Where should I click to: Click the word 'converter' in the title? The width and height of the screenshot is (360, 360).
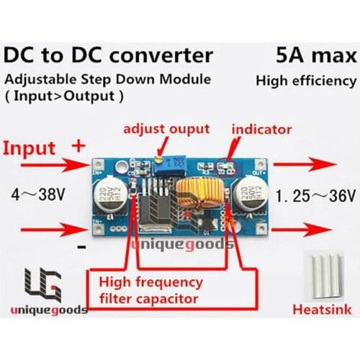[163, 55]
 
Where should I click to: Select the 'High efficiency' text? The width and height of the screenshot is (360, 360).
[305, 81]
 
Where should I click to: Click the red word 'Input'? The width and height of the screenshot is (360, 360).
[31, 148]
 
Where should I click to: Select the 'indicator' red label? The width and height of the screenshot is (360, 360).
[261, 130]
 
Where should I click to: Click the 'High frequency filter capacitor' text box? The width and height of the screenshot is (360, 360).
[149, 289]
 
